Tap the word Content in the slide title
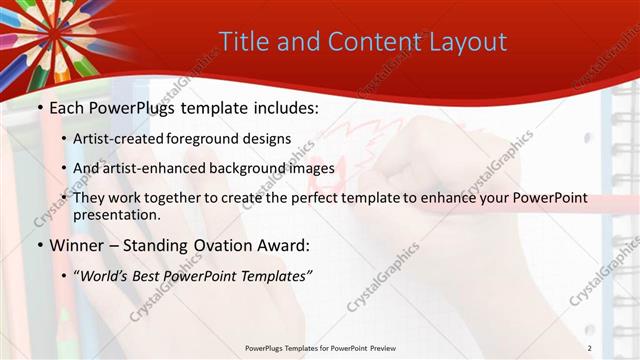(x=369, y=42)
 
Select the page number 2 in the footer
(x=590, y=347)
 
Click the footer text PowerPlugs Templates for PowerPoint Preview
(x=319, y=347)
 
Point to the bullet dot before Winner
(x=39, y=246)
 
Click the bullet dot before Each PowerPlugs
(x=39, y=106)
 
